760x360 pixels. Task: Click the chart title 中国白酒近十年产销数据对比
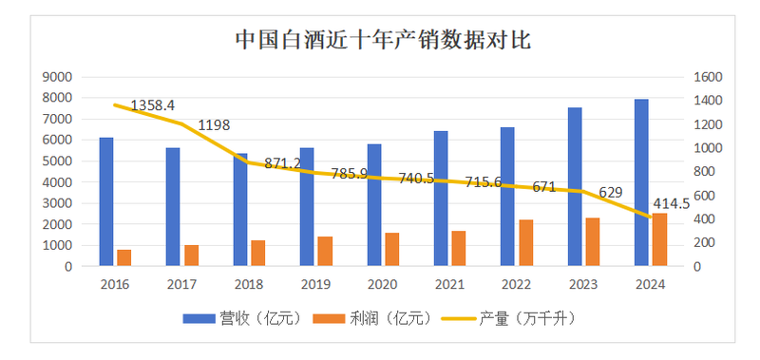pyautogui.click(x=382, y=40)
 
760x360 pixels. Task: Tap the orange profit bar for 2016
pyautogui.click(x=123, y=257)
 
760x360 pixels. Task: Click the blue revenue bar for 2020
pyautogui.click(x=374, y=205)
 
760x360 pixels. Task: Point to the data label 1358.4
pyautogui.click(x=153, y=105)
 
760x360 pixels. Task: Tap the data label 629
pyautogui.click(x=611, y=192)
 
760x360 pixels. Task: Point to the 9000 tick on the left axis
pyautogui.click(x=59, y=77)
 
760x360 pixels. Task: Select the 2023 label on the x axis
pyautogui.click(x=582, y=283)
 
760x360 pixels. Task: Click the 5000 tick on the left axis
pyautogui.click(x=59, y=161)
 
